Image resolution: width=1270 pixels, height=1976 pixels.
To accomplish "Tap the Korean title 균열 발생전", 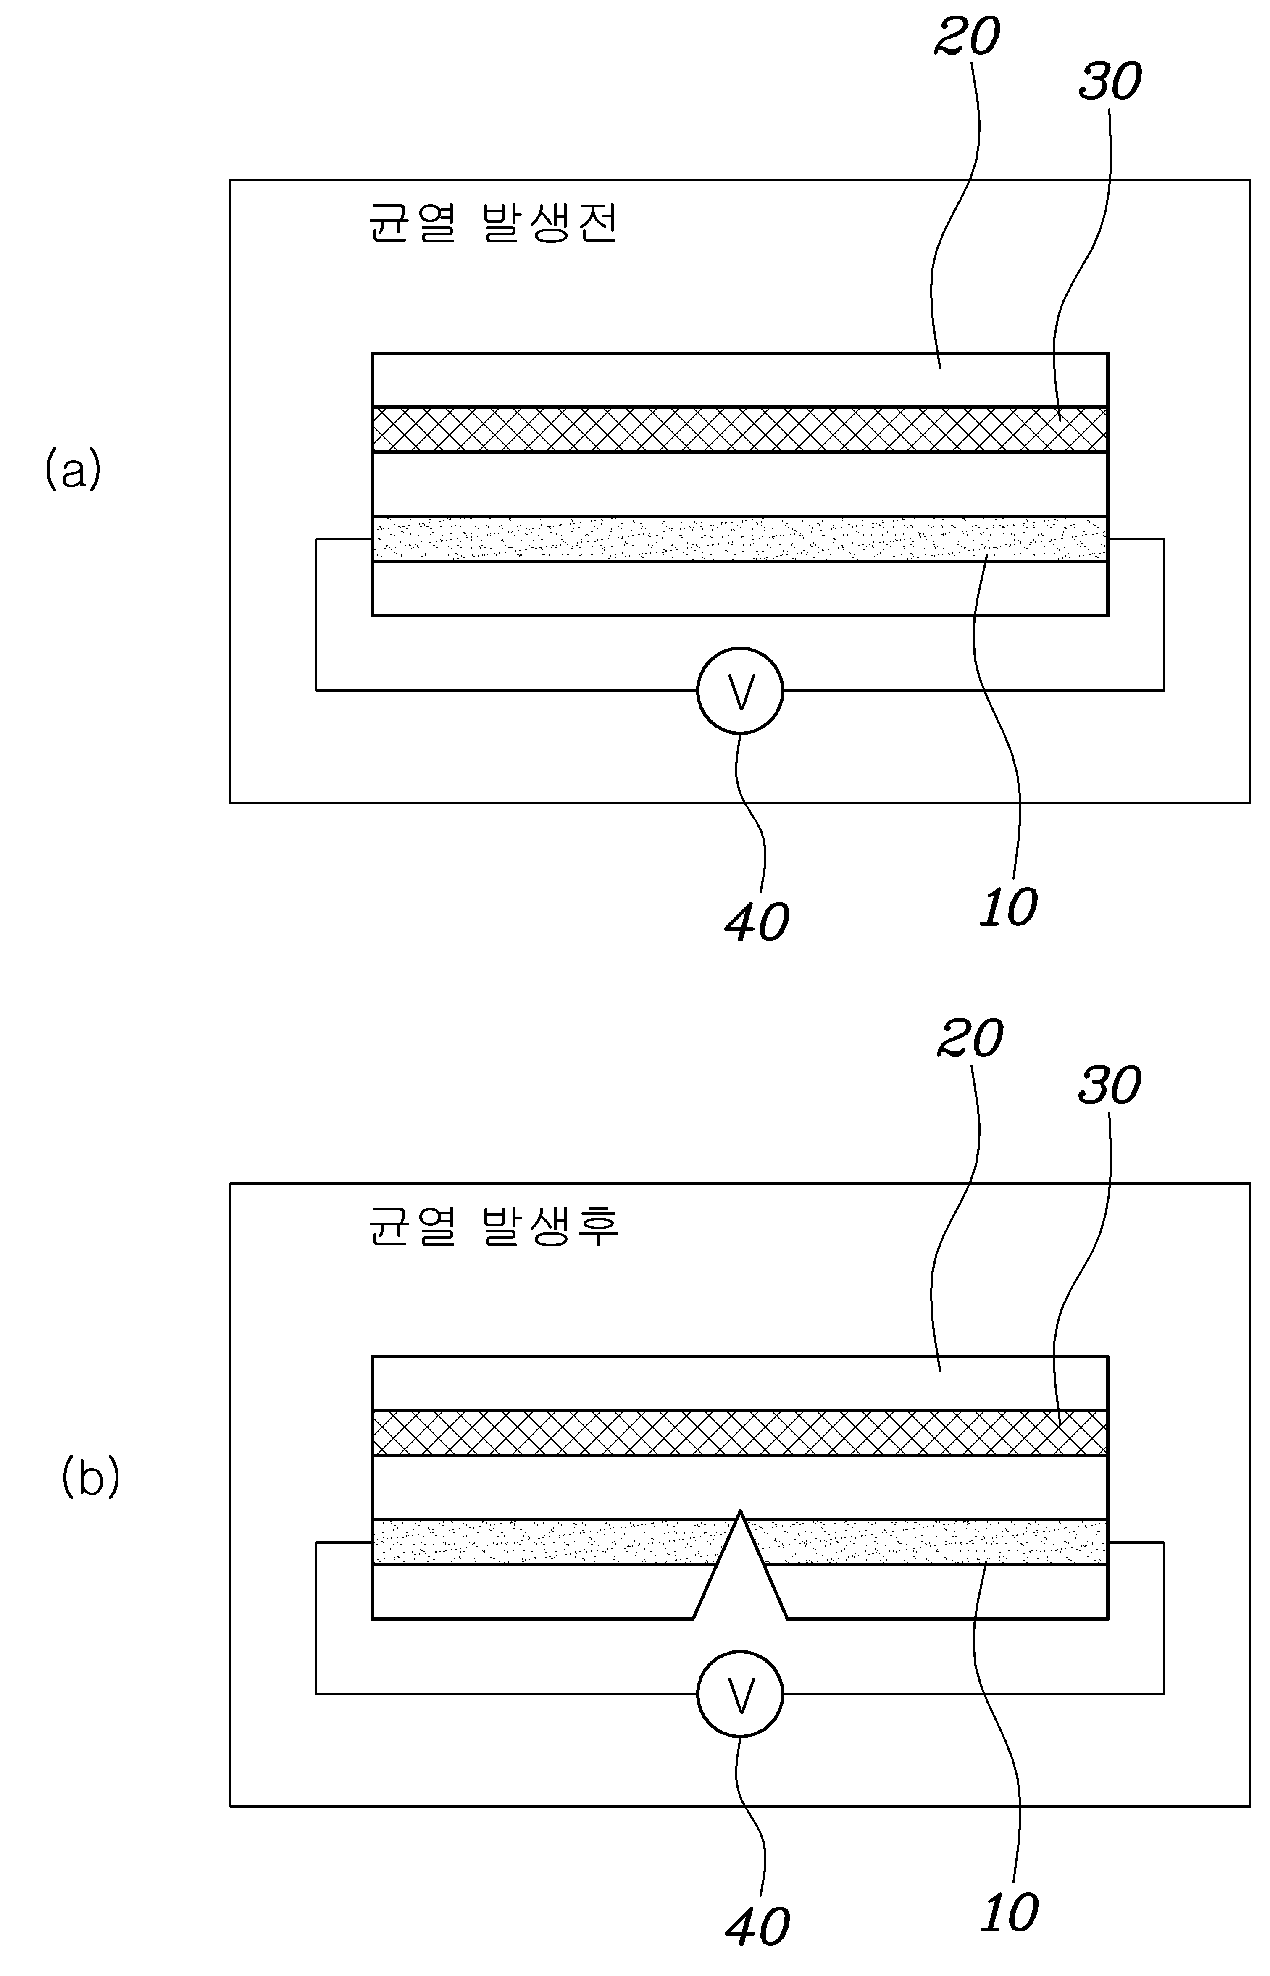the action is [x=492, y=223].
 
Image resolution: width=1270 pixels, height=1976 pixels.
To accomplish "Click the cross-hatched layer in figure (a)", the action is [x=740, y=428].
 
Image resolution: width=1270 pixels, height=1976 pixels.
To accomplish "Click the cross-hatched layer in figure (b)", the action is [x=740, y=1433].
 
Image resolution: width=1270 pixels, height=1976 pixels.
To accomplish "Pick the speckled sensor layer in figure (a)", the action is [x=740, y=539].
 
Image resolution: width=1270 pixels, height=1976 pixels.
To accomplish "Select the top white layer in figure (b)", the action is [x=740, y=1383].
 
